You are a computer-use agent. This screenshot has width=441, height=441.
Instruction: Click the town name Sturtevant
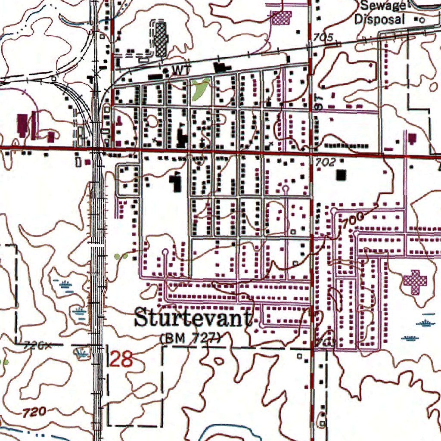193,318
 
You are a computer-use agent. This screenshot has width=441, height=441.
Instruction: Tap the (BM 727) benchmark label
190,339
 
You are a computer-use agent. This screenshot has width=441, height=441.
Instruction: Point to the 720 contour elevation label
34,412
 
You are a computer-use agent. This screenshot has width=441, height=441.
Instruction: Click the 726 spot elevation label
35,345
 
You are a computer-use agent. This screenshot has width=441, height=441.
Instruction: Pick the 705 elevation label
323,38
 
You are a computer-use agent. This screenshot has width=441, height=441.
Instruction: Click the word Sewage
379,6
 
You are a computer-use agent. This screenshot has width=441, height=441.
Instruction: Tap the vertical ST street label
319,102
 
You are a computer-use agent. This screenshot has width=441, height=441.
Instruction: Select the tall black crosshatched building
161,39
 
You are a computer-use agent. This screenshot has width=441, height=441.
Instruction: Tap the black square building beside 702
341,175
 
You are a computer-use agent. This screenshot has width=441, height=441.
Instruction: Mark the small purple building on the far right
413,138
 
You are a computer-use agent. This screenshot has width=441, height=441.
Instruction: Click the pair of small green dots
121,256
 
